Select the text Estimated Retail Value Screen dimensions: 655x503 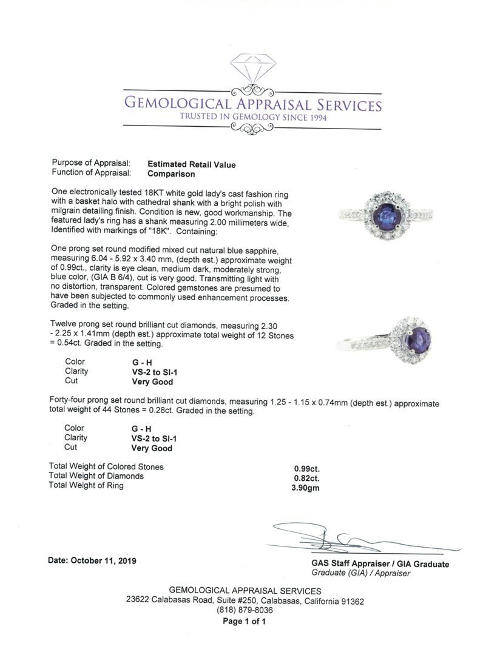click(192, 164)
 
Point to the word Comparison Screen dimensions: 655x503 click(172, 174)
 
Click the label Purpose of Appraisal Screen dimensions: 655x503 click(91, 164)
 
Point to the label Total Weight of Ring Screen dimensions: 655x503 click(86, 485)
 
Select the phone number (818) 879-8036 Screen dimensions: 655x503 click(245, 610)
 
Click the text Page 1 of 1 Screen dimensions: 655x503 click(245, 621)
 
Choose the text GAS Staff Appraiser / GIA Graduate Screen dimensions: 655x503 click(380, 564)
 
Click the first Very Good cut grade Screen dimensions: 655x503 click(152, 382)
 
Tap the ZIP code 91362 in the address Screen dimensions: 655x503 click(351, 601)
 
